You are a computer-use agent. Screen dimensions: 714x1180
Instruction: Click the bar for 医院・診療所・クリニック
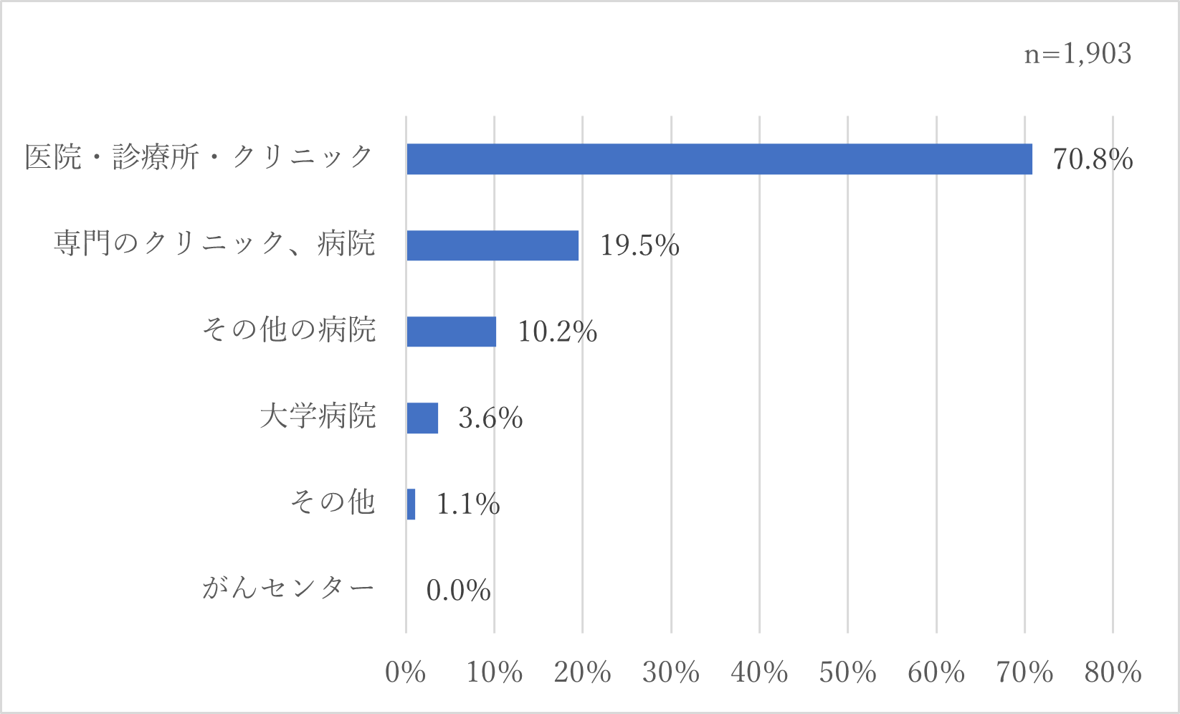coord(719,159)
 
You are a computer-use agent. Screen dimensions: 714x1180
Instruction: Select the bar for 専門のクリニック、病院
coord(493,245)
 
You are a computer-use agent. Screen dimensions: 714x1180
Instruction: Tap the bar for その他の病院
coord(451,332)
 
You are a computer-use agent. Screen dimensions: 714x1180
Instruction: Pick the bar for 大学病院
coord(422,418)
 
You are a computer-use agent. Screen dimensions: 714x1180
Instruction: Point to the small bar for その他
coord(411,504)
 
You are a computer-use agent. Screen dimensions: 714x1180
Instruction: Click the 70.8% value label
coord(1093,159)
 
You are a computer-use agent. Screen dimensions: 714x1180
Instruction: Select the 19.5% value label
coord(639,245)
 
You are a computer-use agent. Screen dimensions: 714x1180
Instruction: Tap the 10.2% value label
coord(557,332)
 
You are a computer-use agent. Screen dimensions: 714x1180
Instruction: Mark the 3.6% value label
coord(490,418)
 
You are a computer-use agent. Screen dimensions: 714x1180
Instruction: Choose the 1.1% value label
coord(468,504)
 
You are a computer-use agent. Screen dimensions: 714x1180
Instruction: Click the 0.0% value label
coord(458,591)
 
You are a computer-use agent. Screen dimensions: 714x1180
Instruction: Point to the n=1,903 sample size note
coord(1077,54)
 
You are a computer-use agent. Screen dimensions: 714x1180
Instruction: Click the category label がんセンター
coord(288,588)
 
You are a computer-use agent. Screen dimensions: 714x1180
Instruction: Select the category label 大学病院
coord(318,416)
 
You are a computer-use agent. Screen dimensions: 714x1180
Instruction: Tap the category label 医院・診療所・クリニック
coord(199,158)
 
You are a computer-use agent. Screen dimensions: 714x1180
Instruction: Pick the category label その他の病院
coord(289,330)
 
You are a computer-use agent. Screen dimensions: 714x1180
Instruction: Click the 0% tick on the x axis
coord(405,672)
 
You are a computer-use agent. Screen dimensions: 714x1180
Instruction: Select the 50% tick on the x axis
coord(847,672)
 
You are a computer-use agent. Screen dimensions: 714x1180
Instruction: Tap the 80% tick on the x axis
coord(1113,672)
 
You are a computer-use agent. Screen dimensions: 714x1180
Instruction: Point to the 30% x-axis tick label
coord(670,672)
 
